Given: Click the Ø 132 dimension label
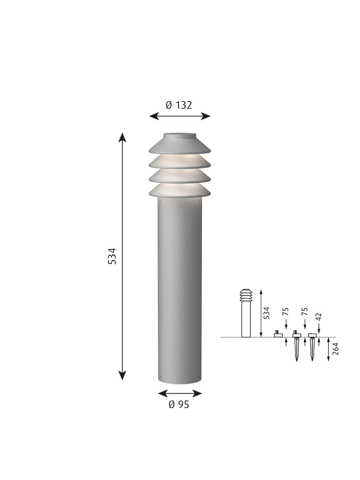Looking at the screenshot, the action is (178, 105).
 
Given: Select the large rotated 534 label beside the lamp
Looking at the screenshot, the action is (112, 256).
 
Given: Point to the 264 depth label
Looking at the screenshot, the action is (335, 349).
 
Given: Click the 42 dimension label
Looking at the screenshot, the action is (319, 316).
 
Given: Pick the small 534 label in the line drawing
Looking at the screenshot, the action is (266, 313).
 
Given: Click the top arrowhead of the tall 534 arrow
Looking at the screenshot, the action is (122, 137).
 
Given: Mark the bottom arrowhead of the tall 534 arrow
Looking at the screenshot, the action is (122, 376).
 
